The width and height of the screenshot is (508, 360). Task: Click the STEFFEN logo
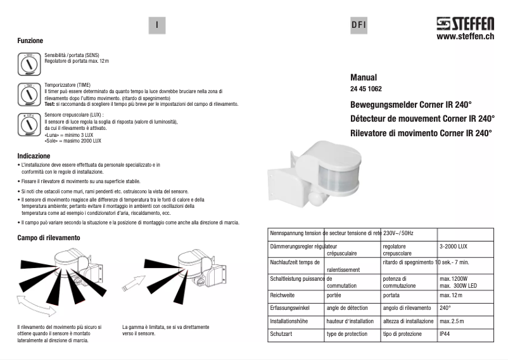click(465, 25)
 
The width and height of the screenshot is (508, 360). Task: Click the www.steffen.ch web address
click(466, 37)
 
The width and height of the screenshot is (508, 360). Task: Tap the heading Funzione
click(30, 41)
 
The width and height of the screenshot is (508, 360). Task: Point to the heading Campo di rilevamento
click(49, 238)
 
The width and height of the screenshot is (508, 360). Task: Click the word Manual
click(363, 77)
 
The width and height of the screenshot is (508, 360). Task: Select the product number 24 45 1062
click(366, 89)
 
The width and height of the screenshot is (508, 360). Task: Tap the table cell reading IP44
click(445, 334)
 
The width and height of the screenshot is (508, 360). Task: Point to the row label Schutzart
click(282, 334)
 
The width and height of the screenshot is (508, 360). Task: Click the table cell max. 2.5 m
click(452, 321)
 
